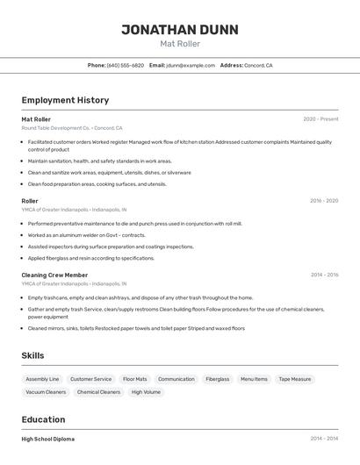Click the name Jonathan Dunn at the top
click(x=179, y=29)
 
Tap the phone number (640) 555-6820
click(x=125, y=65)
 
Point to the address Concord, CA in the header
click(x=258, y=65)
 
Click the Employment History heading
click(x=65, y=100)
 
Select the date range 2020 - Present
click(x=320, y=118)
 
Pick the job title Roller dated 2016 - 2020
click(x=30, y=201)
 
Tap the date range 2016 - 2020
click(x=324, y=201)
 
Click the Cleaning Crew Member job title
click(x=54, y=275)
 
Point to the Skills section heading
click(x=33, y=355)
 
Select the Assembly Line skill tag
click(x=42, y=379)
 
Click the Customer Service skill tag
click(x=90, y=379)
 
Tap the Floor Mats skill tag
click(x=135, y=379)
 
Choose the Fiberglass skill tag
click(x=217, y=379)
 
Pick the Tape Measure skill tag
click(x=294, y=379)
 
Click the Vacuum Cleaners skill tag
click(x=46, y=392)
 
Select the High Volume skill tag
click(x=146, y=392)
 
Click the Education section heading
click(x=43, y=419)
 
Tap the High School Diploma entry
click(x=47, y=439)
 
